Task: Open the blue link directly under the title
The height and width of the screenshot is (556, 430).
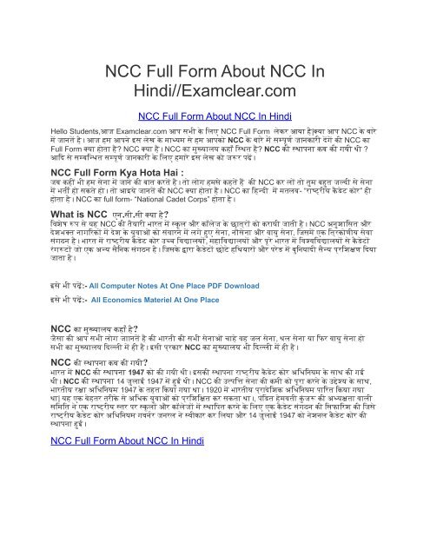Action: (215, 116)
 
